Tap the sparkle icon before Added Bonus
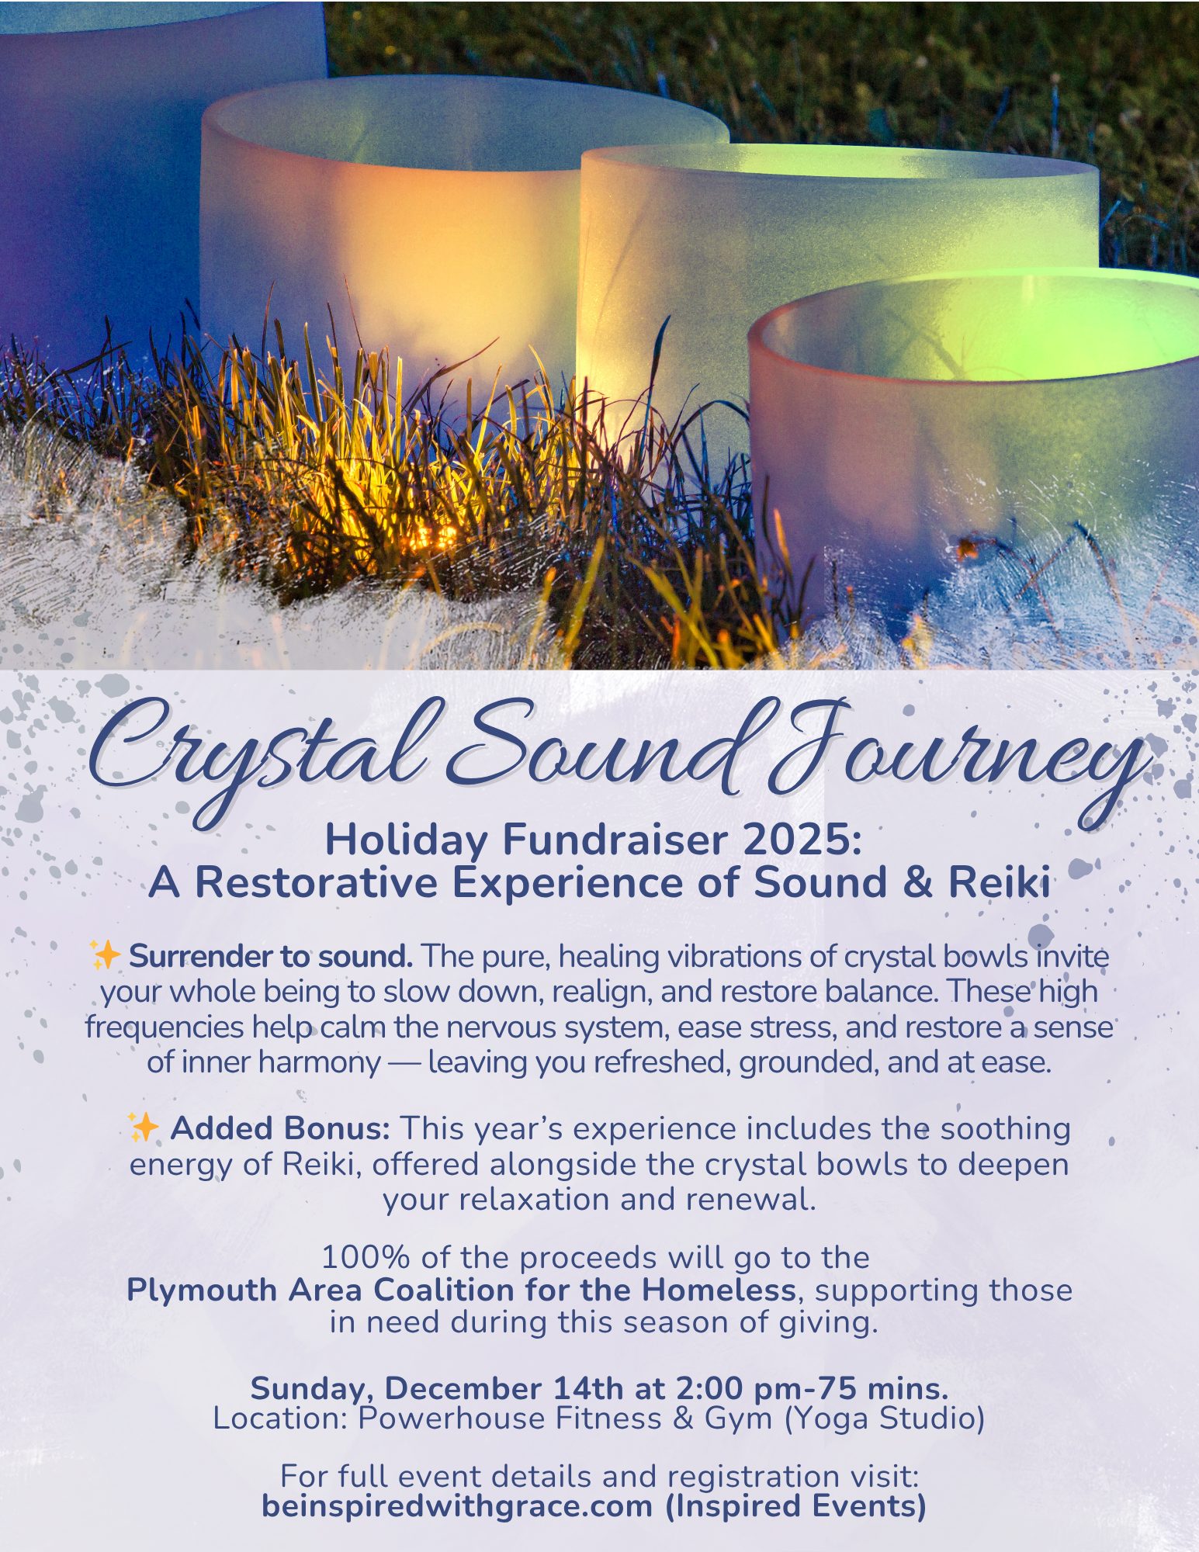pos(144,1127)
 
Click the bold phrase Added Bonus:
pos(280,1128)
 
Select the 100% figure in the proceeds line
pos(358,1257)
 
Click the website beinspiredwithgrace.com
pos(456,1506)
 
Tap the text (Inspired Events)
pos(795,1506)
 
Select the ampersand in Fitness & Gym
pos(682,1419)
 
